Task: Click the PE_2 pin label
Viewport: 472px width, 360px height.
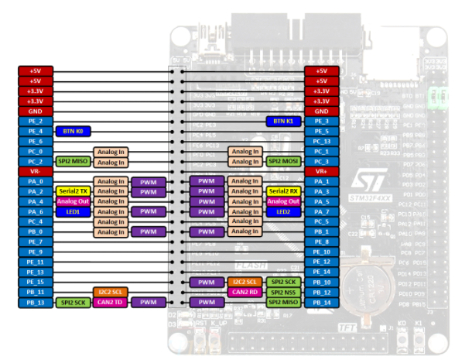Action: pyautogui.click(x=36, y=122)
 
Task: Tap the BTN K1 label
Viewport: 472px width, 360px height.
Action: pyautogui.click(x=283, y=122)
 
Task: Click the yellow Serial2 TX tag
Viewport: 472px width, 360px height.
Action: pyautogui.click(x=74, y=191)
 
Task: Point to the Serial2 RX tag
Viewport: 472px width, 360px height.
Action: pyautogui.click(x=284, y=191)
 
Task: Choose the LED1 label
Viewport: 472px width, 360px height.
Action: pyautogui.click(x=74, y=211)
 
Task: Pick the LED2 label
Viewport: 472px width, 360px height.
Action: pyautogui.click(x=284, y=211)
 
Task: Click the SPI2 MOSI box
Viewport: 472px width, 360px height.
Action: pyautogui.click(x=284, y=161)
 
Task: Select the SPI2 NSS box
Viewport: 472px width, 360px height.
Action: pyautogui.click(x=284, y=292)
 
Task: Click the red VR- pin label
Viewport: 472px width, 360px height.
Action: pyautogui.click(x=36, y=171)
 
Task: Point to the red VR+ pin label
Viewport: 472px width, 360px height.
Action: pyautogui.click(x=322, y=171)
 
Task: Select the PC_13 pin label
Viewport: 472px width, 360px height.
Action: pyautogui.click(x=322, y=142)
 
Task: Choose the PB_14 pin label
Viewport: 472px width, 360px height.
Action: pyautogui.click(x=322, y=302)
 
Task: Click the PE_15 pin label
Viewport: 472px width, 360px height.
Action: pyautogui.click(x=36, y=282)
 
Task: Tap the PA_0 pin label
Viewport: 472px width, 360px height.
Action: pyautogui.click(x=36, y=181)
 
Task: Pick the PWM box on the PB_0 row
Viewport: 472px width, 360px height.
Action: pyautogui.click(x=147, y=231)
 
